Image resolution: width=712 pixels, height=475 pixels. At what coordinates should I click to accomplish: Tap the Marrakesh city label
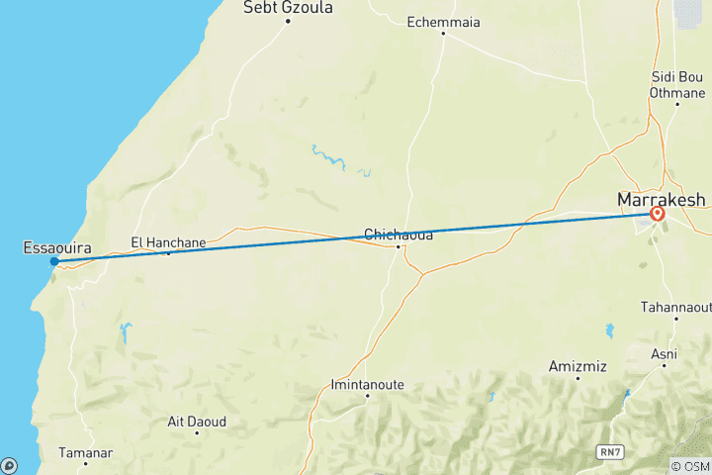pyautogui.click(x=661, y=199)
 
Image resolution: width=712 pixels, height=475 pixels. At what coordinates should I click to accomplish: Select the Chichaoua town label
pyautogui.click(x=399, y=235)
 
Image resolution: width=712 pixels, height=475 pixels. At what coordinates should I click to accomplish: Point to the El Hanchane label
pyautogui.click(x=168, y=240)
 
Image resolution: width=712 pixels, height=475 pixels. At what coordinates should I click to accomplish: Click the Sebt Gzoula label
pyautogui.click(x=288, y=8)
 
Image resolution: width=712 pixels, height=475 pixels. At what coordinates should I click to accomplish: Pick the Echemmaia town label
pyautogui.click(x=443, y=20)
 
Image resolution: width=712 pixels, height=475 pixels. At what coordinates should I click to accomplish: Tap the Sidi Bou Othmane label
pyautogui.click(x=676, y=84)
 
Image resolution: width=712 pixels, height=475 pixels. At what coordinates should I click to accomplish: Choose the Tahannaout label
pyautogui.click(x=676, y=307)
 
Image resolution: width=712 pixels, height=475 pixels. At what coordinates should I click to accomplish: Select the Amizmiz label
pyautogui.click(x=578, y=366)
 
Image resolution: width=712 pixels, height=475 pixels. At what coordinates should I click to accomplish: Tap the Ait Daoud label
pyautogui.click(x=197, y=422)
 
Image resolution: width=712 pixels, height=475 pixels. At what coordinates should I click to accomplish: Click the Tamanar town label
pyautogui.click(x=85, y=452)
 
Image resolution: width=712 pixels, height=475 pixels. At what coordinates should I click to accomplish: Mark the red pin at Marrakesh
pyautogui.click(x=658, y=213)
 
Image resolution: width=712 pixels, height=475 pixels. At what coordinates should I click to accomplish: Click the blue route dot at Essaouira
pyautogui.click(x=54, y=261)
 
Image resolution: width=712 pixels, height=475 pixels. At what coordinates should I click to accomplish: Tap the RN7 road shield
pyautogui.click(x=610, y=451)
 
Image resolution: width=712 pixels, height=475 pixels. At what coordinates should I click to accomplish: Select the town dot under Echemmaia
pyautogui.click(x=443, y=33)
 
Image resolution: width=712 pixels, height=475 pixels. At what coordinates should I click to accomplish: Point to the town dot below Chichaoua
pyautogui.click(x=399, y=246)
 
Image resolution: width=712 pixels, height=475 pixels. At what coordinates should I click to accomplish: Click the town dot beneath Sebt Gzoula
pyautogui.click(x=288, y=21)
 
